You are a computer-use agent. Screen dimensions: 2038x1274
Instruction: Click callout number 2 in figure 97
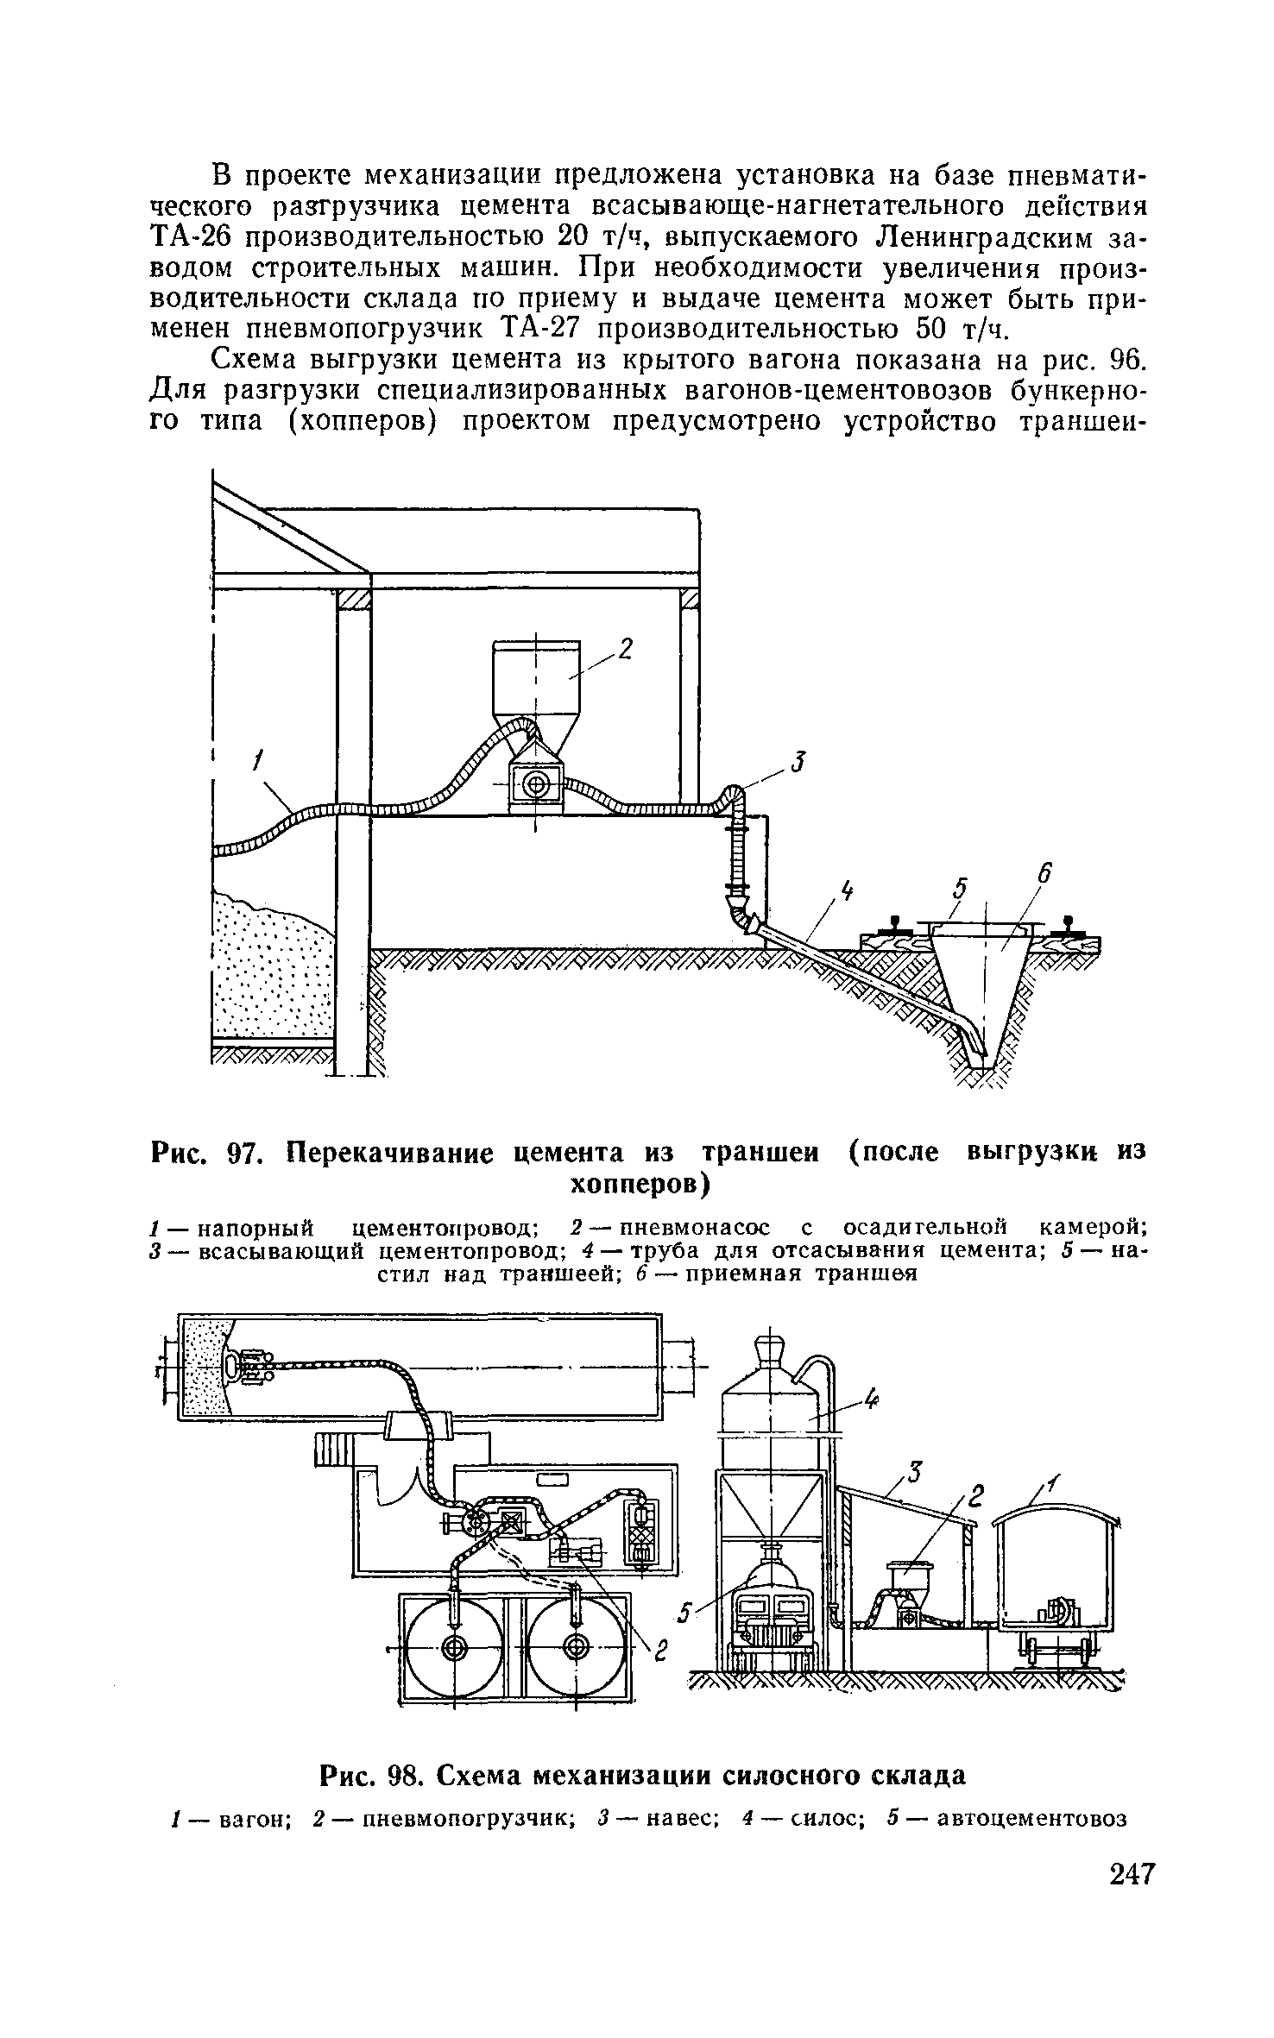pos(626,649)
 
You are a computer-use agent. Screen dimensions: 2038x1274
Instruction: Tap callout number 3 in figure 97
pos(798,763)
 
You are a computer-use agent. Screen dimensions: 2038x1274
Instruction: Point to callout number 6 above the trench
pos(1044,875)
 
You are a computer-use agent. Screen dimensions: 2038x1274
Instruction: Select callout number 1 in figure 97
pos(256,762)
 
